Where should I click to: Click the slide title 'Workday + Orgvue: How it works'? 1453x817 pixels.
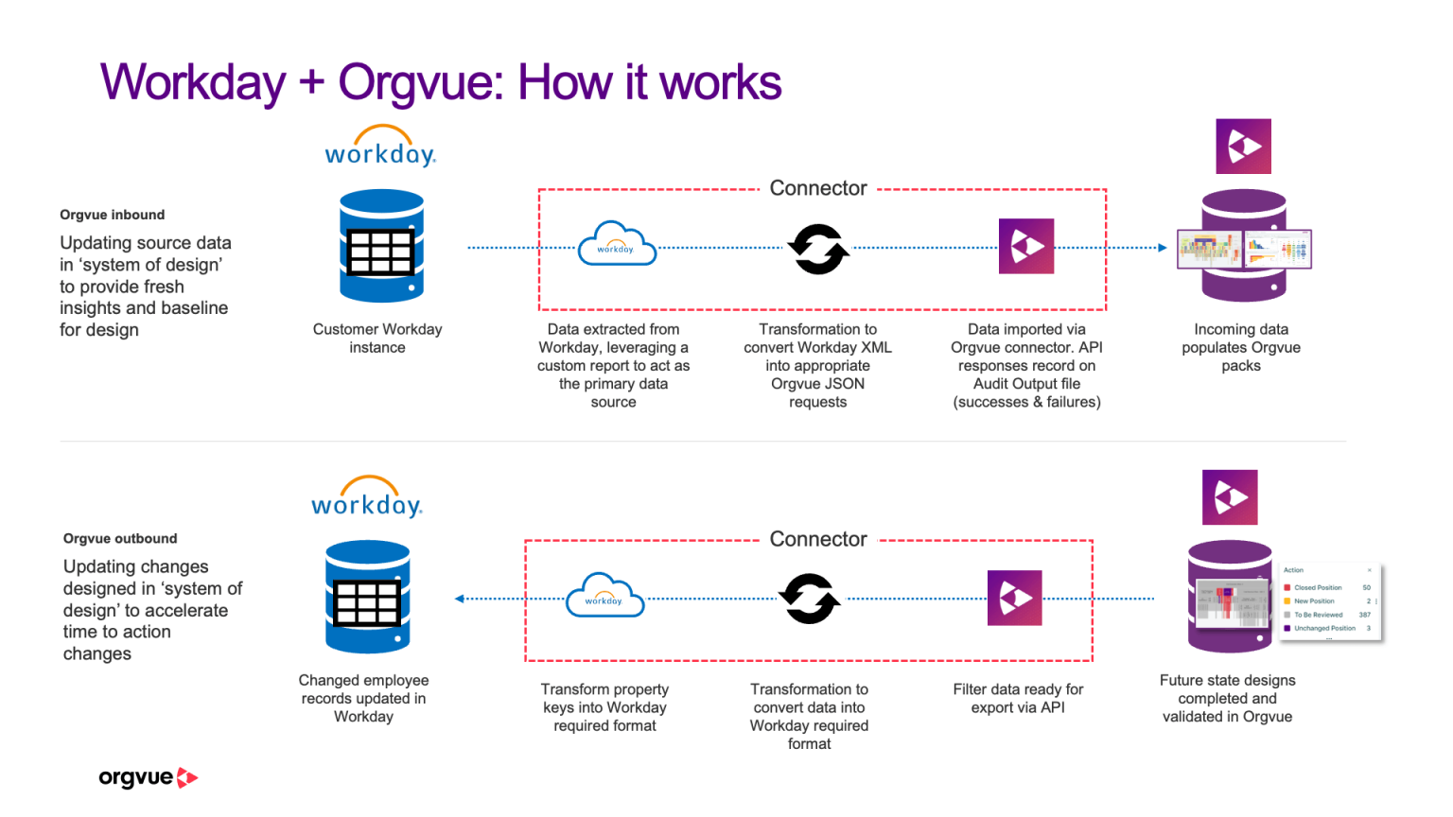click(x=441, y=82)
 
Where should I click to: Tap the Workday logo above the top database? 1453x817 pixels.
click(x=380, y=148)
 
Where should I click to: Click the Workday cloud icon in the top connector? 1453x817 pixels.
click(x=617, y=245)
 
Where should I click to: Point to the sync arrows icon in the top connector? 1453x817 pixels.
click(x=818, y=249)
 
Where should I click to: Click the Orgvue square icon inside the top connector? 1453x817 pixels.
click(x=1026, y=247)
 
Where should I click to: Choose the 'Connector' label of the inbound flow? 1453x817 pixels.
click(x=818, y=188)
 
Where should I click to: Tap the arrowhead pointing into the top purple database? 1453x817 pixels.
click(x=1163, y=248)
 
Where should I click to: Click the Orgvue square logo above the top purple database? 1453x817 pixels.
click(x=1243, y=147)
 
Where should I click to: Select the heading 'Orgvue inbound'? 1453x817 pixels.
click(x=112, y=215)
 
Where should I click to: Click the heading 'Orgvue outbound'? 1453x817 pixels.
click(x=120, y=538)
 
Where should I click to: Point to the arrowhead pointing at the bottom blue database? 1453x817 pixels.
click(x=460, y=599)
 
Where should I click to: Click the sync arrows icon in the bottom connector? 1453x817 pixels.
click(x=809, y=599)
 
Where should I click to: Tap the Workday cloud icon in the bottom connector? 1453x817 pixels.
click(x=604, y=597)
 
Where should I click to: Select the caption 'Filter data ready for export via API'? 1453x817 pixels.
click(x=1018, y=699)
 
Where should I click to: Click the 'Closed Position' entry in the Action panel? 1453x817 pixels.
click(x=1317, y=587)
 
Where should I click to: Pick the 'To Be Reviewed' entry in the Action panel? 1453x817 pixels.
click(x=1318, y=615)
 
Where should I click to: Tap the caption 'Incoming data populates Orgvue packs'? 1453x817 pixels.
click(x=1240, y=347)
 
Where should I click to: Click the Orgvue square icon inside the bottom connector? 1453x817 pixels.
click(x=1014, y=598)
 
